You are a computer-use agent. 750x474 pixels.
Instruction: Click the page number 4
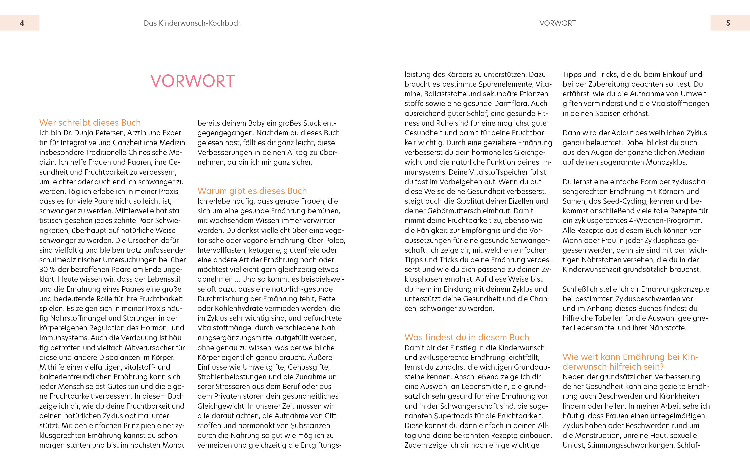point(22,23)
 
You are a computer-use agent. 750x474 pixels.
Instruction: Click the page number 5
point(728,23)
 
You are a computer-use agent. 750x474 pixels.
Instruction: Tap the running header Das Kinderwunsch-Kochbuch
point(192,23)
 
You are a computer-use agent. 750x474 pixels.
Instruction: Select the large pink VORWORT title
point(193,81)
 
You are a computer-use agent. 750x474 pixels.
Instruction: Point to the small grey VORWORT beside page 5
point(557,23)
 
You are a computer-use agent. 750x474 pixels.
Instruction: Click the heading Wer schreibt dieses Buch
point(90,123)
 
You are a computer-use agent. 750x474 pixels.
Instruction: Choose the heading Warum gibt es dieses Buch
point(252,191)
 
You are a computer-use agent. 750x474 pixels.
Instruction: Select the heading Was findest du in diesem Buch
point(467,337)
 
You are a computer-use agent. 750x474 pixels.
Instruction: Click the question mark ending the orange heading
point(661,367)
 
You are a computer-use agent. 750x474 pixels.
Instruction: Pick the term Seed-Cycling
point(614,201)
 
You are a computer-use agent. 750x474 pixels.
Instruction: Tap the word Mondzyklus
point(665,162)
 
